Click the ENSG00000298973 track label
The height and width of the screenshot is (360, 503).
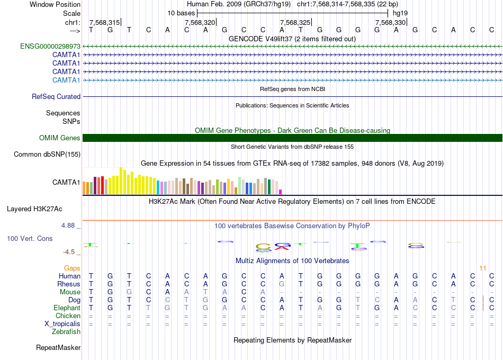[50, 47]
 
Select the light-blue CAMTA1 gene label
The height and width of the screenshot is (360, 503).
[66, 80]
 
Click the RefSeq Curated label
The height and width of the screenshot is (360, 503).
[56, 97]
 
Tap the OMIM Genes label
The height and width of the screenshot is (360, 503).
[60, 138]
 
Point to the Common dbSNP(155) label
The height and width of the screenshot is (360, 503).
[48, 155]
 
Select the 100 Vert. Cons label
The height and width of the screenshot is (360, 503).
[30, 239]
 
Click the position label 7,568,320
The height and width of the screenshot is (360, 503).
[200, 22]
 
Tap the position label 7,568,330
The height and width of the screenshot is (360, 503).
[390, 22]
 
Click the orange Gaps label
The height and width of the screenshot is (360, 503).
[72, 268]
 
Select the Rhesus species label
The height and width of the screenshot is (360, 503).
[69, 284]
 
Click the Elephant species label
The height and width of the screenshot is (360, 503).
[67, 308]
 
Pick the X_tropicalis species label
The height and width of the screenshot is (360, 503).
[62, 324]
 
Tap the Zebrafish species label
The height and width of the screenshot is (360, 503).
[66, 332]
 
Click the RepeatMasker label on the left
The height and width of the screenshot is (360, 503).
[58, 348]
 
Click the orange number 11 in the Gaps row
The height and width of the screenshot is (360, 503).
[482, 268]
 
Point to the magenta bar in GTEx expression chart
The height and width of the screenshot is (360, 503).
[281, 192]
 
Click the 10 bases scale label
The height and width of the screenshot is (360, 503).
[181, 13]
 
